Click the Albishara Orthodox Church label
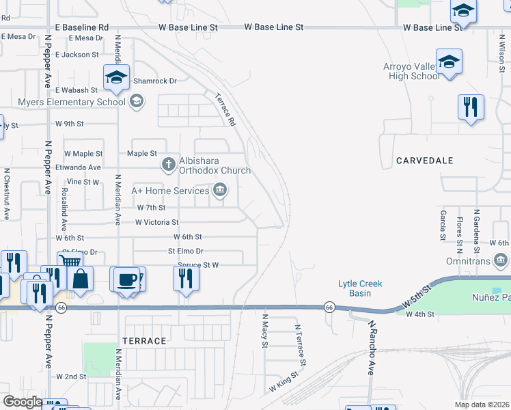[x=215, y=166]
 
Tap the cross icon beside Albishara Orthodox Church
[x=168, y=165]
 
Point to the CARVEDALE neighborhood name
[x=424, y=161]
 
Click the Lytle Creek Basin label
[x=360, y=288]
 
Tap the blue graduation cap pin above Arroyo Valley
[x=449, y=62]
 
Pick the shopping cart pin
[x=69, y=262]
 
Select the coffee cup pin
[x=126, y=280]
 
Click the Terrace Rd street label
[x=225, y=110]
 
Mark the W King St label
[x=284, y=381]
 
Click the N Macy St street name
[x=265, y=331]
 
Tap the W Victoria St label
[x=157, y=222]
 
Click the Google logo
[x=23, y=402]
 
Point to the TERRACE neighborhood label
[x=144, y=340]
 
